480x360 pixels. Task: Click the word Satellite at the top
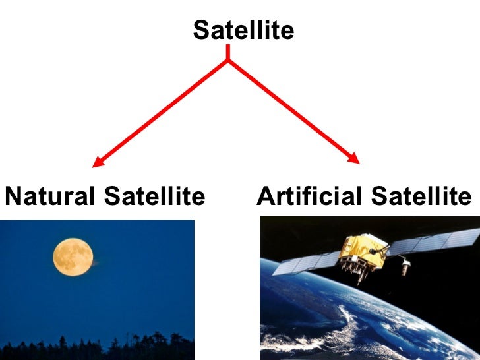pyautogui.click(x=243, y=30)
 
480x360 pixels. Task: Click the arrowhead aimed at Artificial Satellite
pyautogui.click(x=355, y=159)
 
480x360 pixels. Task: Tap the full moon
pyautogui.click(x=73, y=256)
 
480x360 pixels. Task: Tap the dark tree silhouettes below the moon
pyautogui.click(x=99, y=345)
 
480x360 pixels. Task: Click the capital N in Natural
pyautogui.click(x=13, y=196)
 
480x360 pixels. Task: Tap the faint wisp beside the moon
pyautogui.click(x=99, y=262)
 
